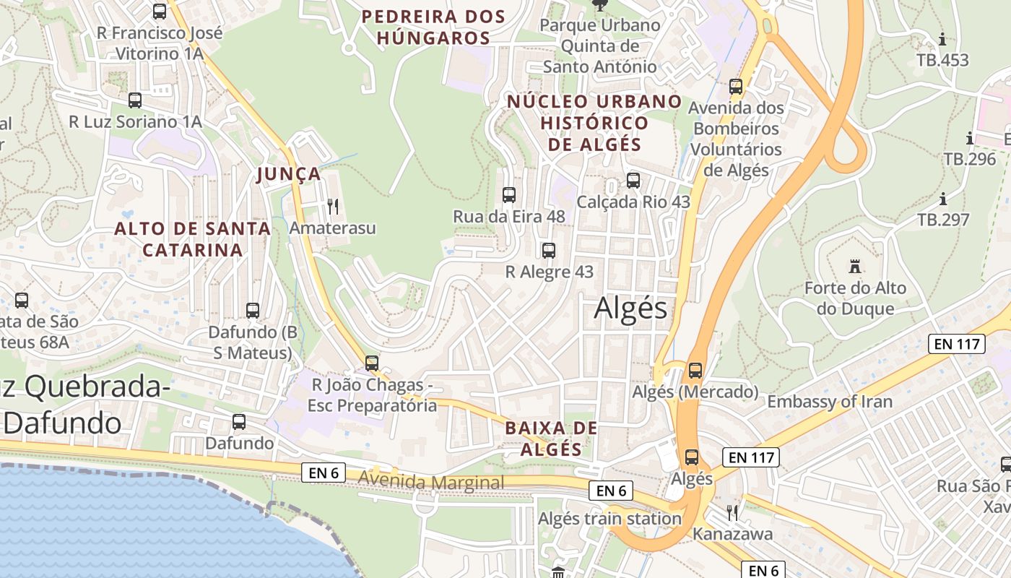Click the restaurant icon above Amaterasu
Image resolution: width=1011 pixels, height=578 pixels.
333,207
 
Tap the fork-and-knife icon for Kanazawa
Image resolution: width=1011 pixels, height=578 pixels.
733,513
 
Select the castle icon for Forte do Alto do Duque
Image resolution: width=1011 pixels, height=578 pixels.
855,267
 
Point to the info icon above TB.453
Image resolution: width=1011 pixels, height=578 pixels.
942,39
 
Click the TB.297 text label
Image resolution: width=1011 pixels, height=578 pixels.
943,220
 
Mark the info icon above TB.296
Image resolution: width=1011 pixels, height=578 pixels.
969,138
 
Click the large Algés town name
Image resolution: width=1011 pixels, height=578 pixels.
630,309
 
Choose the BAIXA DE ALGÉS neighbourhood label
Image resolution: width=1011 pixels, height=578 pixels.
552,439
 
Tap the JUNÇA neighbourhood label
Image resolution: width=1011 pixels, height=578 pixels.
289,174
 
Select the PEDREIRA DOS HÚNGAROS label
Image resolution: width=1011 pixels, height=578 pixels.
433,27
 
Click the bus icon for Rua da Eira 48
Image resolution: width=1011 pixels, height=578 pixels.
509,194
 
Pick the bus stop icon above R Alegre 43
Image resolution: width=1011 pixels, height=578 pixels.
549,251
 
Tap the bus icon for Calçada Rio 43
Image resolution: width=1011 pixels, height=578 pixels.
633,181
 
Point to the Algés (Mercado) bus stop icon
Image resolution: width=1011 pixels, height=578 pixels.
695,371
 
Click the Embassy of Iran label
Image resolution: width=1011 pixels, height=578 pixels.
830,402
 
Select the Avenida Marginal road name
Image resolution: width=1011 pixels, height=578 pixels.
431,482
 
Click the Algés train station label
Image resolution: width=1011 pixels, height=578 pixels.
609,519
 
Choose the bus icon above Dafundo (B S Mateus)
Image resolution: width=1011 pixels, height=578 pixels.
253,311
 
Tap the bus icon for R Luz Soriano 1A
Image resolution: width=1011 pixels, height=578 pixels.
135,100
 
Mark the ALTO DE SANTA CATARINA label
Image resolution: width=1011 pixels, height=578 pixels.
193,240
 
